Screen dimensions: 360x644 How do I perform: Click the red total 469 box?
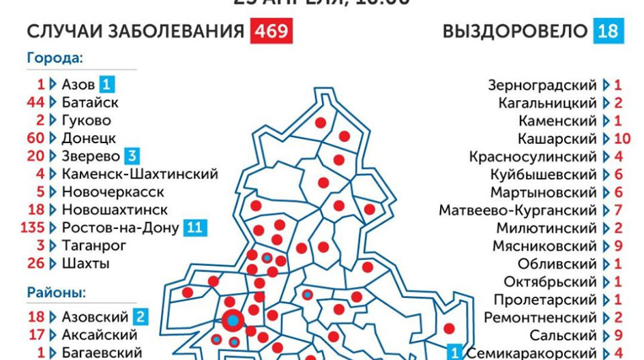pyautogui.click(x=272, y=32)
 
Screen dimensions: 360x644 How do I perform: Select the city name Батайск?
pyautogui.click(x=89, y=102)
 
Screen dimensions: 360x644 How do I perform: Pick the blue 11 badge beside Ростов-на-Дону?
pyautogui.click(x=194, y=227)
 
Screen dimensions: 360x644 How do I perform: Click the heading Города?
pyautogui.click(x=55, y=58)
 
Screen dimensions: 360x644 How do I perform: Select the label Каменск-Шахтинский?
pyautogui.click(x=139, y=174)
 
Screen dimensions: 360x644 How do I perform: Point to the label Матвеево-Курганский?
pyautogui.click(x=518, y=210)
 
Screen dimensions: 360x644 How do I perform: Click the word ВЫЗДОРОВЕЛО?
pyautogui.click(x=515, y=32)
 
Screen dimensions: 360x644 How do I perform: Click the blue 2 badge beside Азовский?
pyautogui.click(x=141, y=316)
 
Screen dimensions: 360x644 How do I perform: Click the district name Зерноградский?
pyautogui.click(x=542, y=85)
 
